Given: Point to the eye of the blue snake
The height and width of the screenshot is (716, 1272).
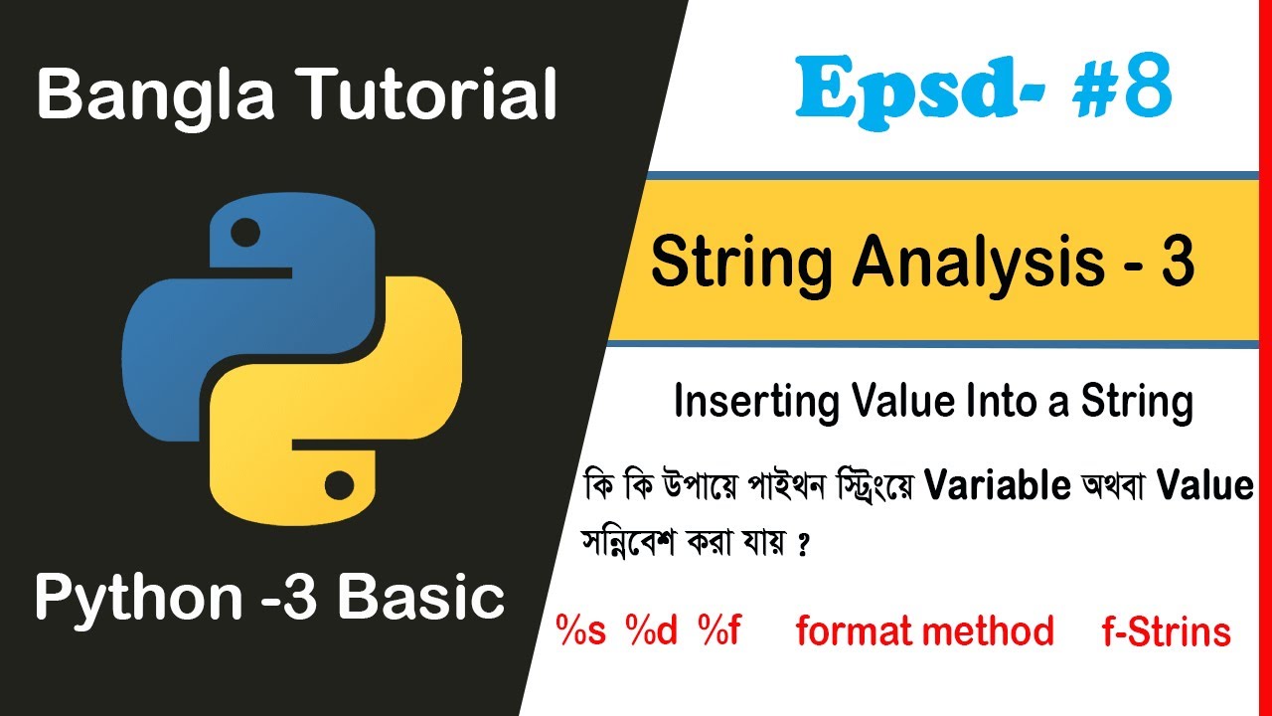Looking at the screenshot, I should click(245, 235).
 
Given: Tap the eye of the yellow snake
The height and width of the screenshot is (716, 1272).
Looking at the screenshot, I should click(338, 486).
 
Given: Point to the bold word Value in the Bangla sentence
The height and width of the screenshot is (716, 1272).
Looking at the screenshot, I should click(1204, 485).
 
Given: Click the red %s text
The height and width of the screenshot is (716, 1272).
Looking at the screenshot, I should click(581, 630).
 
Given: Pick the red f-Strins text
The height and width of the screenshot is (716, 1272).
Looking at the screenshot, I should click(1166, 630).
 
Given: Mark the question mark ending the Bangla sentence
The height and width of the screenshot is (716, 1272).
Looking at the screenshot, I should click(802, 547).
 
